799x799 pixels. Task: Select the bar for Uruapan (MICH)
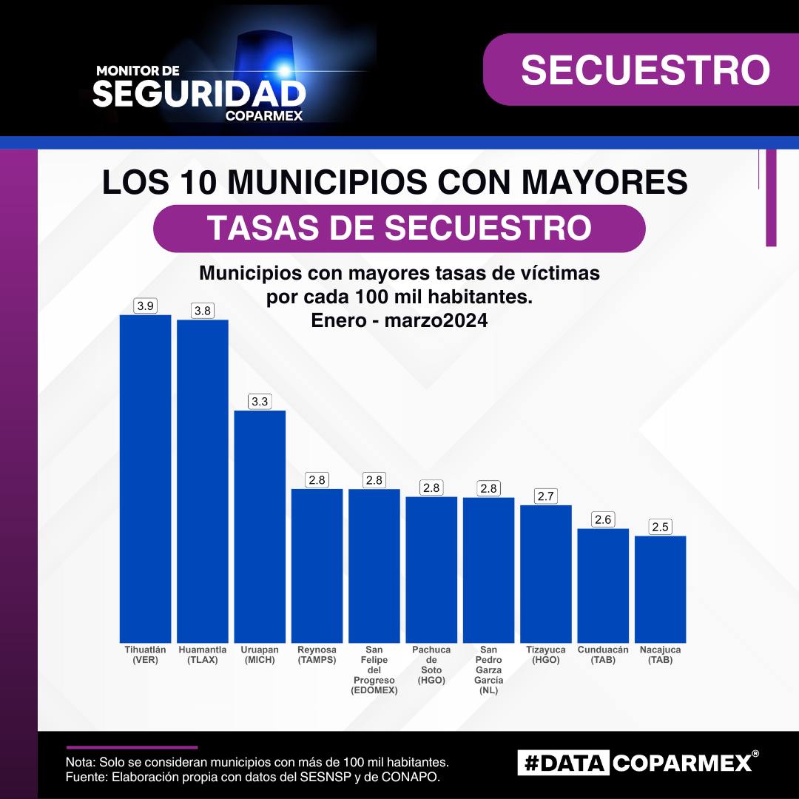(260, 526)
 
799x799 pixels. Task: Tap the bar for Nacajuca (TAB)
(661, 589)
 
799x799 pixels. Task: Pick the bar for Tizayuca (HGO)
(546, 573)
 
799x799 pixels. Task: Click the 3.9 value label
(145, 306)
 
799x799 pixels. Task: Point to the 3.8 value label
(203, 311)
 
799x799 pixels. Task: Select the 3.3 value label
(260, 402)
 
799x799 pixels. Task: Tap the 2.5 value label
(661, 527)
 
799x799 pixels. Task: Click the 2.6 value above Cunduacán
(603, 520)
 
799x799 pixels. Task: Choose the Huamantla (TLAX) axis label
(203, 655)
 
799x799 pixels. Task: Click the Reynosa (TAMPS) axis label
(317, 655)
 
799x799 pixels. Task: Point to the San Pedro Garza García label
(488, 670)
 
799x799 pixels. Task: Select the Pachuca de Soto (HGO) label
(431, 664)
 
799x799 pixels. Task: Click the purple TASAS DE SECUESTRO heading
(399, 229)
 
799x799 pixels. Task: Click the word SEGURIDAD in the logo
(199, 94)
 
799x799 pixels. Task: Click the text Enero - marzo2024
(399, 321)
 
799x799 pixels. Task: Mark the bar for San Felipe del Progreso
(374, 565)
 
